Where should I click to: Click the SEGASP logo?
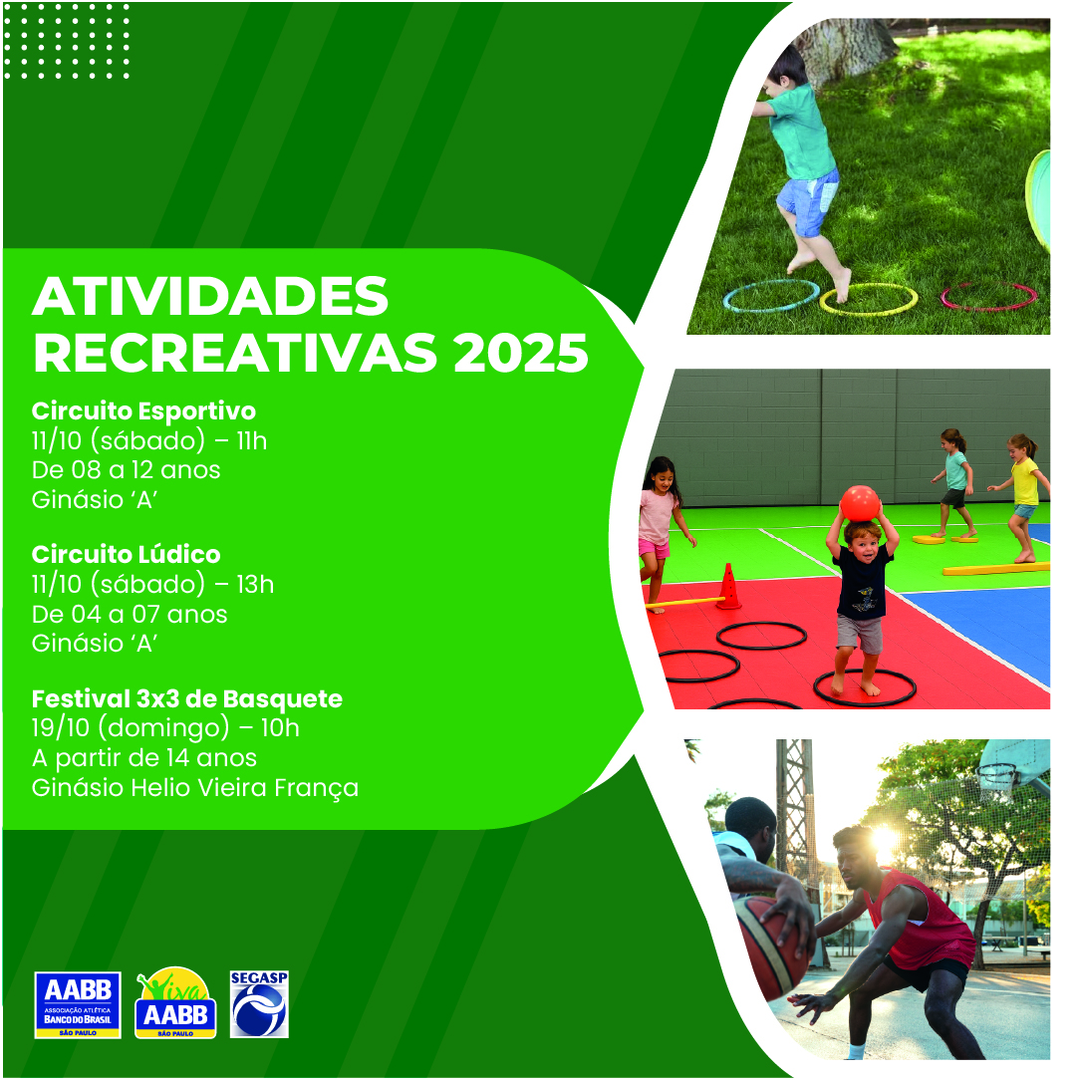[x=259, y=1003]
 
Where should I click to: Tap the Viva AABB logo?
[x=175, y=1003]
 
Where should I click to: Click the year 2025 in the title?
[x=521, y=353]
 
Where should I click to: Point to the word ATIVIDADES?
[x=211, y=296]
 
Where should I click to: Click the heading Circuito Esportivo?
[x=143, y=411]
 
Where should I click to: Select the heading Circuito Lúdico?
[x=127, y=555]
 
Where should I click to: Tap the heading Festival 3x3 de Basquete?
[x=187, y=699]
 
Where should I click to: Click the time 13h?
[x=255, y=585]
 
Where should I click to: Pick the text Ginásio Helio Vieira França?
[x=195, y=788]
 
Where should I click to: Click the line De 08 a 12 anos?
[x=127, y=470]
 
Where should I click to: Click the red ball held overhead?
[x=860, y=503]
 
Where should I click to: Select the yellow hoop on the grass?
[x=869, y=300]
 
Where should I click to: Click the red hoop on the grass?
[x=989, y=298]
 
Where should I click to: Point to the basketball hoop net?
[x=997, y=782]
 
